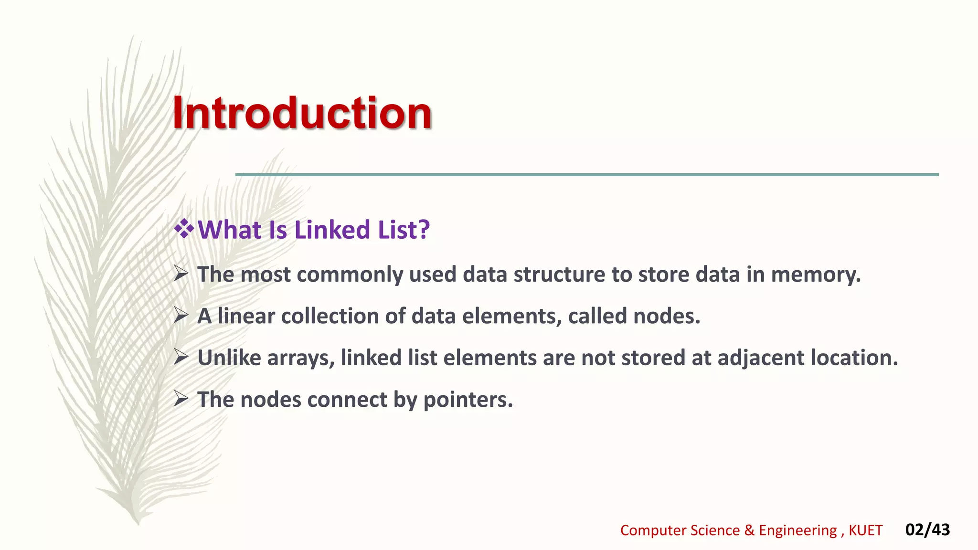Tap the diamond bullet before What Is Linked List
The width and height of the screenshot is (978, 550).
pyautogui.click(x=184, y=229)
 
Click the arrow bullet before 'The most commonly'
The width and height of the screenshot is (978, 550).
pyautogui.click(x=181, y=274)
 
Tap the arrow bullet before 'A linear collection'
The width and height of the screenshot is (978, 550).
pyautogui.click(x=181, y=316)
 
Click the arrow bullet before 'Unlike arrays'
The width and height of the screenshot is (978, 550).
pyautogui.click(x=181, y=357)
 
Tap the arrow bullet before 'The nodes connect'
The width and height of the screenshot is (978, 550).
pyautogui.click(x=181, y=399)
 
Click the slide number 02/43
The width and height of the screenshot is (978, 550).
pyautogui.click(x=927, y=529)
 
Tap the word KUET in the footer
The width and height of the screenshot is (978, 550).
pyautogui.click(x=865, y=530)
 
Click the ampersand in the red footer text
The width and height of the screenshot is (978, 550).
pyautogui.click(x=749, y=530)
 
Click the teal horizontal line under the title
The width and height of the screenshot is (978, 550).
pyautogui.click(x=586, y=175)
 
